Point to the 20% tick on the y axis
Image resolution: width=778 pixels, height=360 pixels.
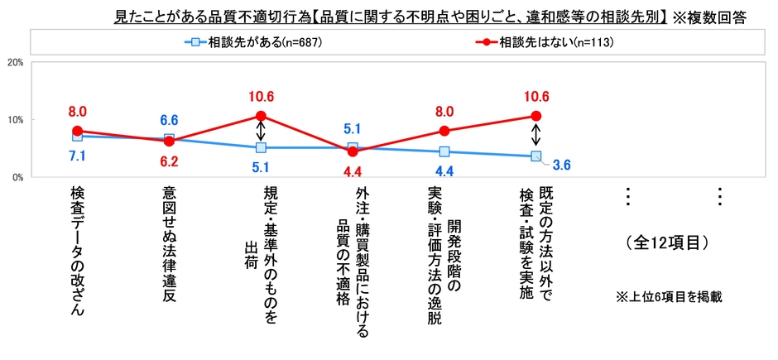(13, 62)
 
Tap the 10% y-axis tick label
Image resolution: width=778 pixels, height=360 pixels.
(13, 120)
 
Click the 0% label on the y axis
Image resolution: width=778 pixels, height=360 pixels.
(16, 177)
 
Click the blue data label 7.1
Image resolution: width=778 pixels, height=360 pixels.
(77, 155)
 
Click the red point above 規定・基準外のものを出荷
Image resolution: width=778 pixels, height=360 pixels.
(261, 116)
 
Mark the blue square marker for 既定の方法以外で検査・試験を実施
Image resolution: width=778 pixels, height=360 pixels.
(535, 156)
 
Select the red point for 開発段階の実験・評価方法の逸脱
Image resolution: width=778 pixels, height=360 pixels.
(444, 131)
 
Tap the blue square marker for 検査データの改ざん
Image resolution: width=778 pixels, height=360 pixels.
(77, 136)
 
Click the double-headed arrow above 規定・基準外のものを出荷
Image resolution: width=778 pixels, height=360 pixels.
(261, 132)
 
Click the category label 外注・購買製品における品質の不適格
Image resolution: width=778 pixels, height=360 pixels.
(353, 261)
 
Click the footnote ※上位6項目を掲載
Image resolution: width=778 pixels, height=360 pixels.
(669, 296)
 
